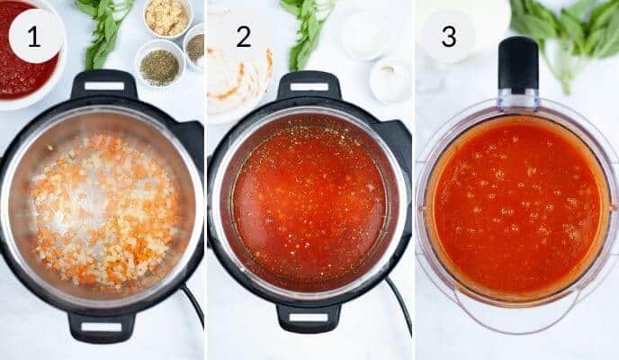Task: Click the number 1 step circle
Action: pos(35,36)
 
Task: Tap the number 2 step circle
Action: pos(243,36)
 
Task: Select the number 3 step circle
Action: pos(448,36)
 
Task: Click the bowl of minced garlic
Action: pos(167,17)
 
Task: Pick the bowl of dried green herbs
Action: pos(159,66)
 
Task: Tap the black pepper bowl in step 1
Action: pos(194,47)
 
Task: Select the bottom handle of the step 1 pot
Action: pos(101,326)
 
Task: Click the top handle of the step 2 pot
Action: pos(309,86)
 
